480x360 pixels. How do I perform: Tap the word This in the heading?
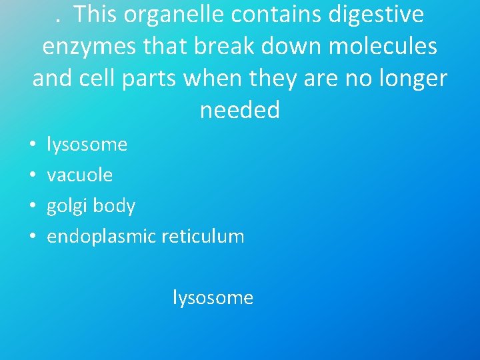pos(98,14)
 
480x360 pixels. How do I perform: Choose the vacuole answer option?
pos(79,175)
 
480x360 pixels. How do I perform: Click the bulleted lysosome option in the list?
pos(87,144)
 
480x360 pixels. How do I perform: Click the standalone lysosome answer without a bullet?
pos(213,297)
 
